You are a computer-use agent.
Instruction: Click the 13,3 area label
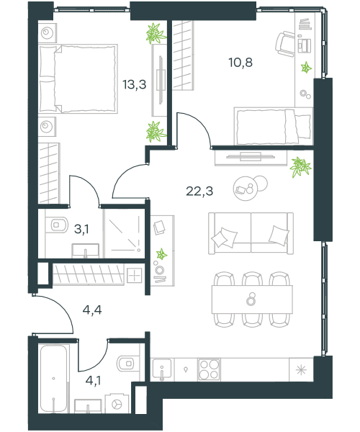pos(135,84)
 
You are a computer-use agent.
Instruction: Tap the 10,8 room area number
pos(240,63)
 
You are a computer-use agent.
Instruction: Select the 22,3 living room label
pos(199,191)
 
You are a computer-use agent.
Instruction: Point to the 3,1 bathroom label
pos(81,229)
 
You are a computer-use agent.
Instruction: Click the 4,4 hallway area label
pos(92,310)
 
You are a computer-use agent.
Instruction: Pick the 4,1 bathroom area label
pos(93,381)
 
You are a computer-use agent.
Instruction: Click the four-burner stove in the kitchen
pos(209,370)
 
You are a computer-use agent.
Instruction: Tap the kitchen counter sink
pos(162,370)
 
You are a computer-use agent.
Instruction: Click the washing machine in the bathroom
pos(117,403)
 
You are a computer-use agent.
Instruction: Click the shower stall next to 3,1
pos(125,233)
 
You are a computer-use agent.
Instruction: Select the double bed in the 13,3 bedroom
pos(78,78)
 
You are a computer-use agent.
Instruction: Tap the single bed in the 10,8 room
pos(274,126)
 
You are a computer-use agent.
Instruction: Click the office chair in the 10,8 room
pos(285,44)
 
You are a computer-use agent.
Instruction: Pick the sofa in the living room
pos(251,233)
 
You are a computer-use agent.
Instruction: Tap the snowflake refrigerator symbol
pos(301,370)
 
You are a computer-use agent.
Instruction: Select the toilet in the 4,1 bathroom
pos(128,364)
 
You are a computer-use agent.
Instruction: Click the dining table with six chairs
pos(252,300)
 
